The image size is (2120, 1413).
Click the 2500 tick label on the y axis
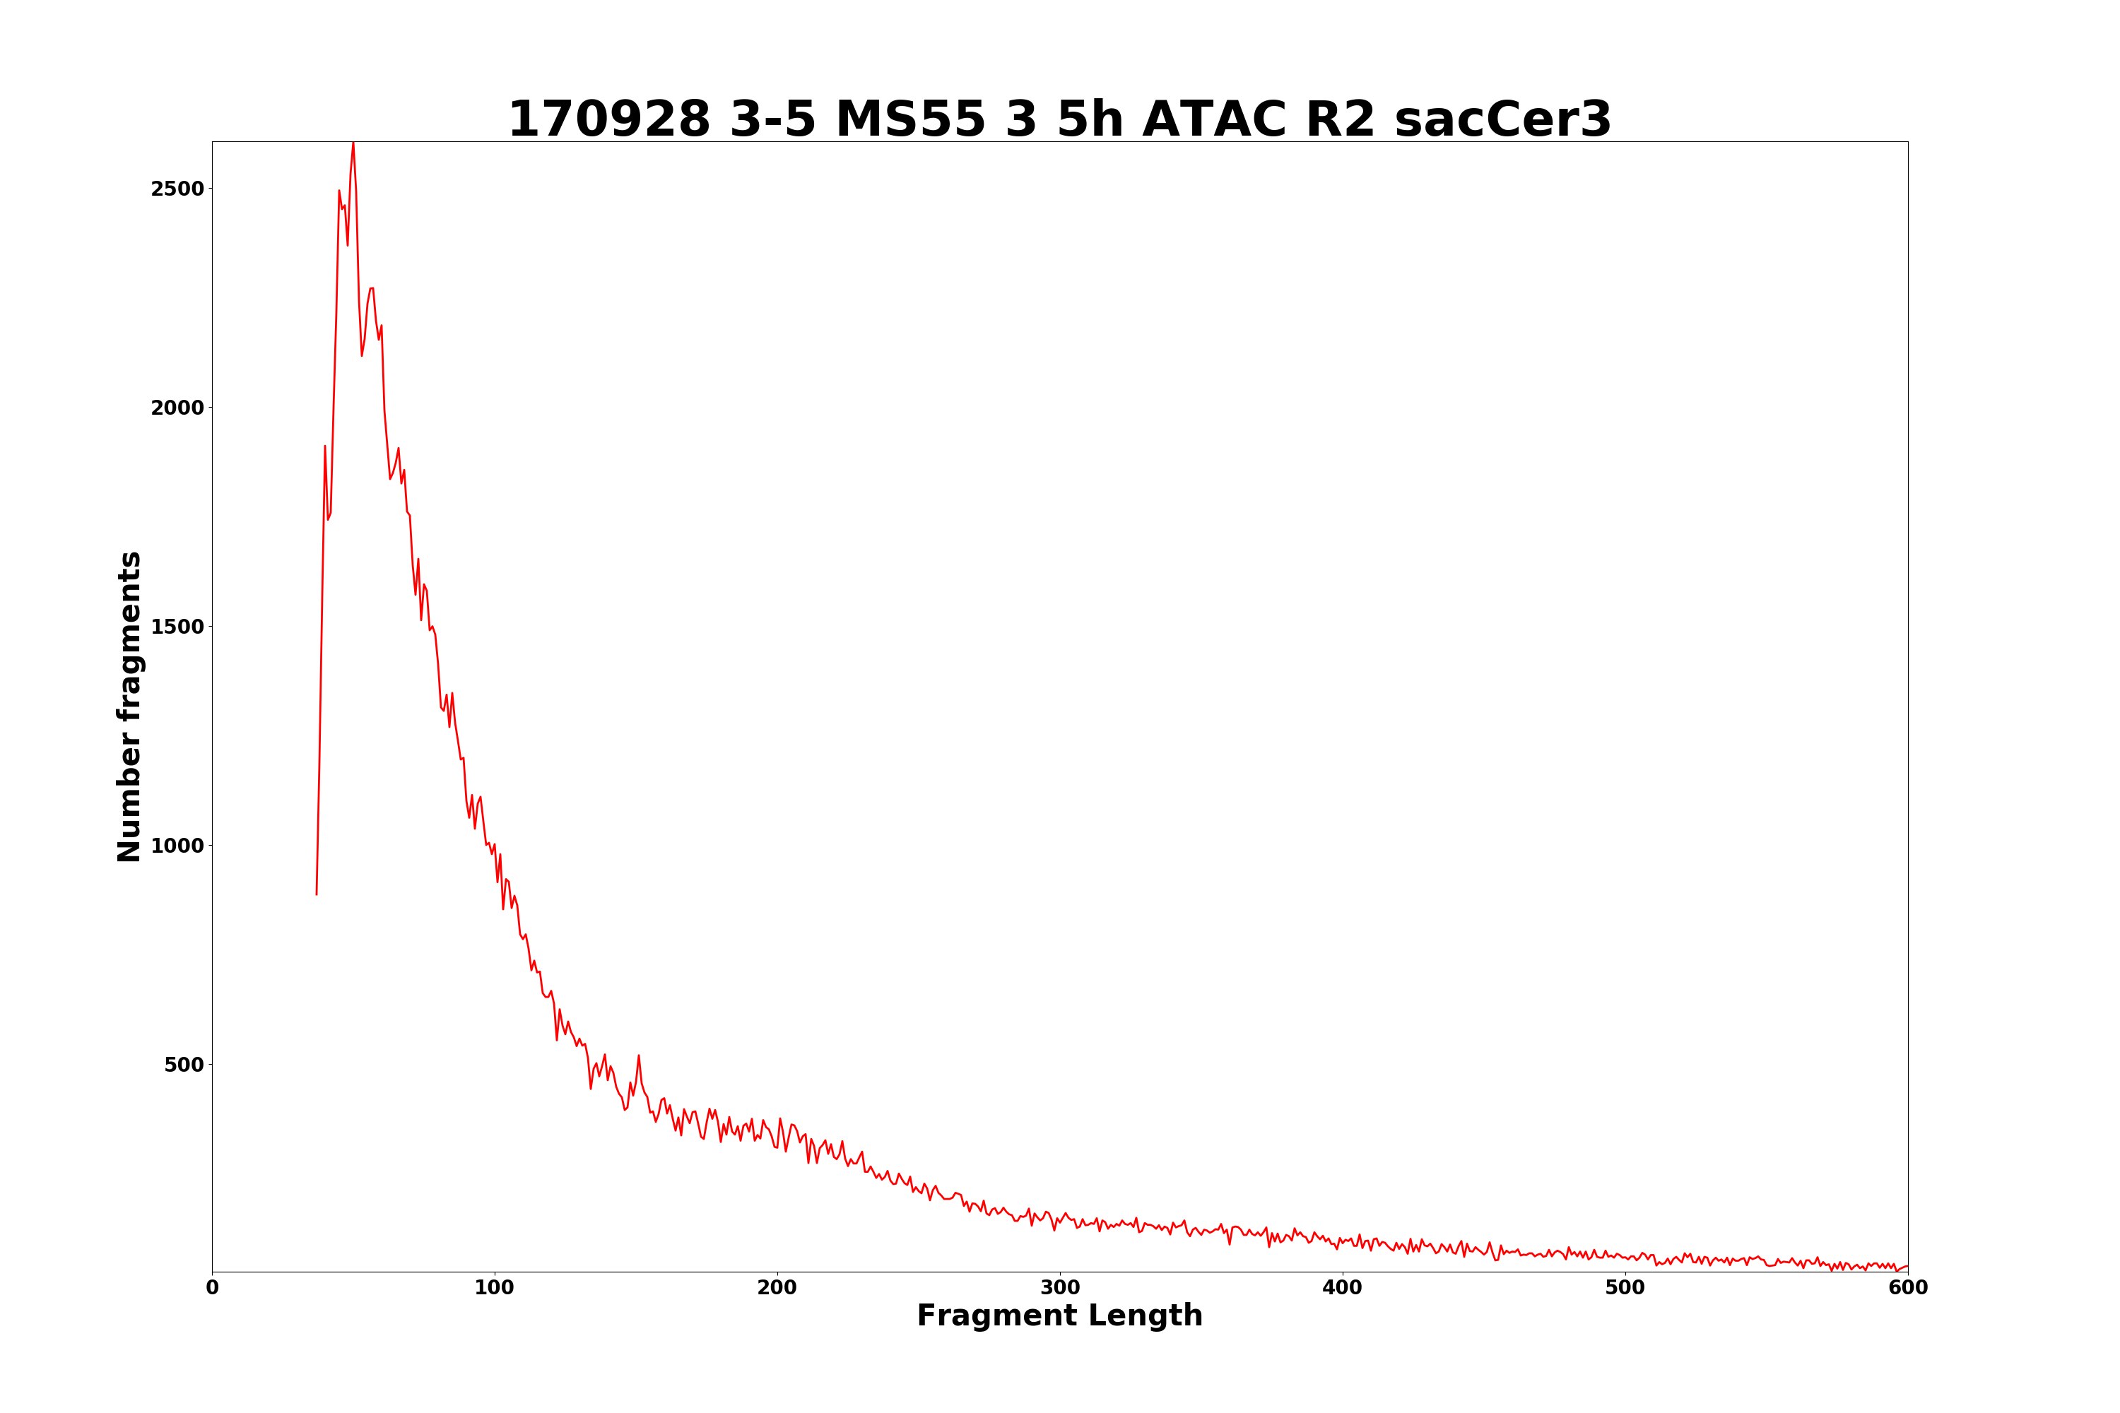pos(177,189)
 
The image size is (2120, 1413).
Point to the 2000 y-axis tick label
pos(177,408)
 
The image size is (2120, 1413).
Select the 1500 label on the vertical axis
pos(177,627)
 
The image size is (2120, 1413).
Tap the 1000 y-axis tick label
pos(177,846)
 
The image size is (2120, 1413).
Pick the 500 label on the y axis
pos(184,1065)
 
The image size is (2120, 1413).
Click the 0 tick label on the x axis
pos(213,1289)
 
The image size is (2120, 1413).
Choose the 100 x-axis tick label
pos(495,1289)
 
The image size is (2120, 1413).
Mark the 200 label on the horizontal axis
pos(777,1289)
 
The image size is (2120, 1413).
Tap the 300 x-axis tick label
pos(1060,1289)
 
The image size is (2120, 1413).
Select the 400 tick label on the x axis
pos(1342,1289)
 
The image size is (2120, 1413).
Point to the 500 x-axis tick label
pos(1625,1289)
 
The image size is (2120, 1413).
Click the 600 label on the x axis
pos(1907,1289)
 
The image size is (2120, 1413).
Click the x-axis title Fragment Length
pos(1060,1317)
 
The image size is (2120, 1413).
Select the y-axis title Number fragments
pos(130,706)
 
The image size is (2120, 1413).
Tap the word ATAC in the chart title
pos(1214,120)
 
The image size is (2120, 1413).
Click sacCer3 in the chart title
pos(1502,120)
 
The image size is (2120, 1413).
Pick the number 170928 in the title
pos(609,120)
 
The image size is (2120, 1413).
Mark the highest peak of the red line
pos(353,143)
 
